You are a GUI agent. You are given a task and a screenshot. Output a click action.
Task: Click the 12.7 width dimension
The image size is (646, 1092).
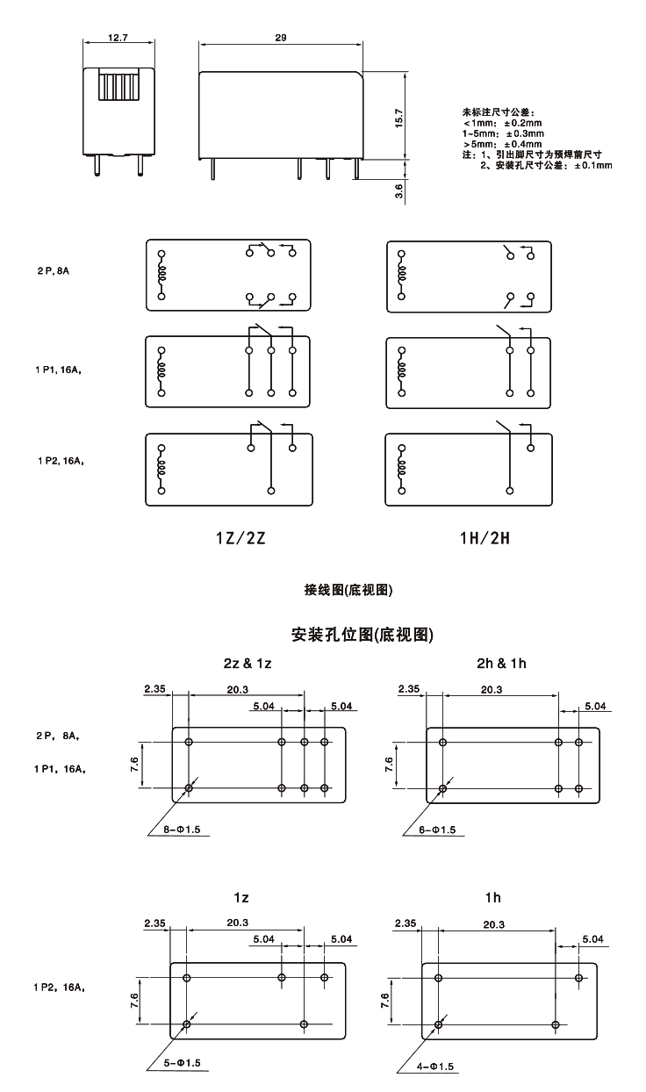[118, 38]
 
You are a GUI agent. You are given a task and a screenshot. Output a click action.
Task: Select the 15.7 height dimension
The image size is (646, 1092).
[398, 118]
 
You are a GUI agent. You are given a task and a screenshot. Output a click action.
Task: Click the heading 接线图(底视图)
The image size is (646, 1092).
[348, 590]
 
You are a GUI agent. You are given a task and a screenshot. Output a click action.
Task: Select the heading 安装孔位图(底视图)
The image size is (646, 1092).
[361, 632]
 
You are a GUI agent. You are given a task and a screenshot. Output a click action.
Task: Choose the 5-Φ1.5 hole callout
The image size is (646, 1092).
[183, 1063]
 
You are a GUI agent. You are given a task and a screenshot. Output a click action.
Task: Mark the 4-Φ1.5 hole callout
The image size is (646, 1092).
[435, 1067]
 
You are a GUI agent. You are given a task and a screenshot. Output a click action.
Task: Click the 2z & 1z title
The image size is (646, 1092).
[248, 663]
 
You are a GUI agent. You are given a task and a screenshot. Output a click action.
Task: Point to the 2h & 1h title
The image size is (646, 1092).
[501, 663]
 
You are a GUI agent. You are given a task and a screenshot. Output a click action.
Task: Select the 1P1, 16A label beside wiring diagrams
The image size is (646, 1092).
[61, 370]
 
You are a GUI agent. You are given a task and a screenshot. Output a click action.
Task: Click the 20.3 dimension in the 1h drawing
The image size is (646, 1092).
[493, 924]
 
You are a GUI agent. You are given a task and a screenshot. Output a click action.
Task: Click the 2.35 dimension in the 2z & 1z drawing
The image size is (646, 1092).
[155, 689]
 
